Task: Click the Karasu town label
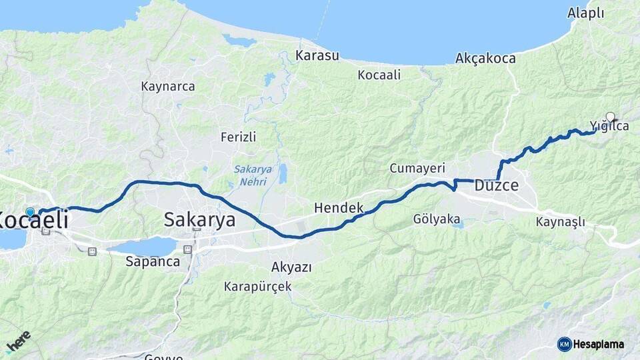[317, 55]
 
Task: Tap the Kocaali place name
[379, 75]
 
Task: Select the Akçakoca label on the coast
[485, 59]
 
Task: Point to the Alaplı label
[585, 13]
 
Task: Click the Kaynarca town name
[168, 87]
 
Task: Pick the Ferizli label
[238, 137]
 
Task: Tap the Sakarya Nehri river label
[253, 175]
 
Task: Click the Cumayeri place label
[417, 168]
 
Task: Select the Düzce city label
[496, 186]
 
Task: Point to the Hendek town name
[339, 208]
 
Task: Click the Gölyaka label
[437, 219]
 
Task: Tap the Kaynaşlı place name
[560, 221]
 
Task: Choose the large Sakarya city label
[199, 219]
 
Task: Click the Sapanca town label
[153, 261]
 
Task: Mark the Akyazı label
[291, 267]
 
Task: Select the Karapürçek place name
[257, 287]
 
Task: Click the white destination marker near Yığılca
[609, 117]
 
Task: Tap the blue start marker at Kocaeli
[30, 212]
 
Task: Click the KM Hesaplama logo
[591, 344]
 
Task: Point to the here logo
[18, 342]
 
